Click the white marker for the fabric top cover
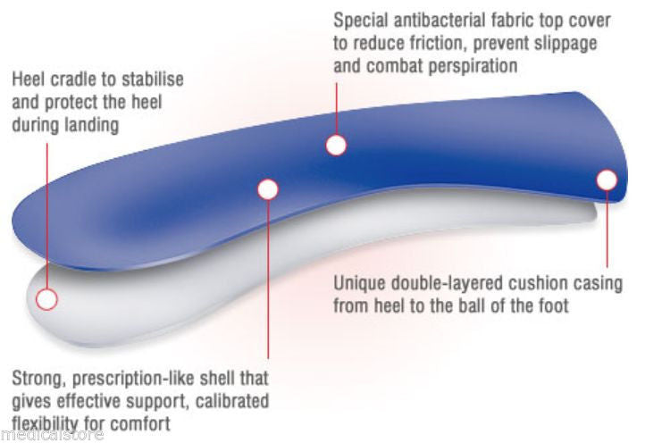pos(336,145)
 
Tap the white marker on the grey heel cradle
pos(47,298)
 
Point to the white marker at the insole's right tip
pos(607,180)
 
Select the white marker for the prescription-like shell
pos(268,188)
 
